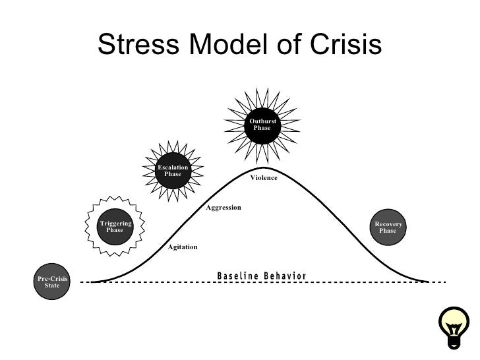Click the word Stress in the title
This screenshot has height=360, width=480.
[x=140, y=45]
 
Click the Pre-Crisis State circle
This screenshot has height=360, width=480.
[x=51, y=282]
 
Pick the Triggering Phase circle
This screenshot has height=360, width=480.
[x=115, y=227]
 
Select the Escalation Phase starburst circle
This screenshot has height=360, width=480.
[x=173, y=171]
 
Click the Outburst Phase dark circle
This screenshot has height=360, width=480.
[x=262, y=124]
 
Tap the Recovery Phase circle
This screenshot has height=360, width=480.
[x=388, y=227]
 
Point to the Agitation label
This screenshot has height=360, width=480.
[x=183, y=247]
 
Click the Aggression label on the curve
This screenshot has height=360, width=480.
[x=224, y=208]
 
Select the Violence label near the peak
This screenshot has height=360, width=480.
[x=264, y=179]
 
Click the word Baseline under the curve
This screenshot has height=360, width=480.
[x=239, y=275]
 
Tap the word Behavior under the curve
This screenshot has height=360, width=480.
[x=285, y=275]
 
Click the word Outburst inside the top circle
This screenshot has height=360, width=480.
[x=262, y=121]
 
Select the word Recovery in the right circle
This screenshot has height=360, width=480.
[x=388, y=224]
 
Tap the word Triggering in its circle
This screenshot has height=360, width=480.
[x=115, y=224]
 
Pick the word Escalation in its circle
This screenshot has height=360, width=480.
[x=173, y=167]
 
